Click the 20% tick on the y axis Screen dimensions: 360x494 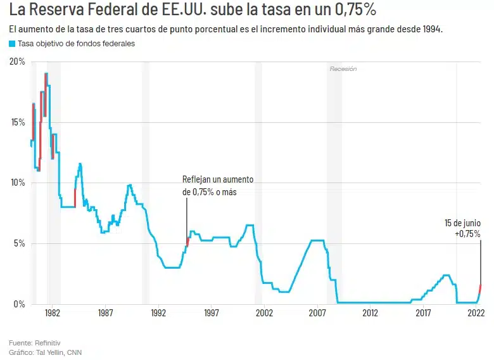coord(17,61)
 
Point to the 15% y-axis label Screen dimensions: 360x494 coord(17,122)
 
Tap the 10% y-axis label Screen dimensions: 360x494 coord(17,183)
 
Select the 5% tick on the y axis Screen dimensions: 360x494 coord(20,243)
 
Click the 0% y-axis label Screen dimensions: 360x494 coord(20,304)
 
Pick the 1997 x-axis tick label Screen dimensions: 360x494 coord(211,313)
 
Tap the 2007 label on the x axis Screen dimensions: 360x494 coord(317,313)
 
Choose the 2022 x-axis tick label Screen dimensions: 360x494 coord(476,313)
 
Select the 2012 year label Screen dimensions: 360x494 coord(370,313)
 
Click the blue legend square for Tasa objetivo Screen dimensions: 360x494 coord(12,44)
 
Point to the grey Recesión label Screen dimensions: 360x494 coord(343,68)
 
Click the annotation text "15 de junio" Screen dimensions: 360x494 coord(462,223)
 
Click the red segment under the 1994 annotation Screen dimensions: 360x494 coord(187,241)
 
